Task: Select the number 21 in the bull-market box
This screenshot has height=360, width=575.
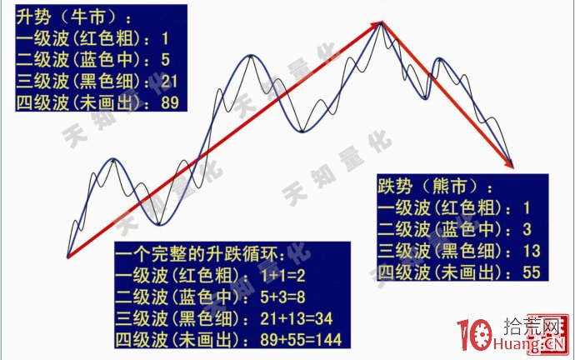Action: (x=172, y=82)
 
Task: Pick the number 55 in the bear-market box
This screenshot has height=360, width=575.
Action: (x=532, y=272)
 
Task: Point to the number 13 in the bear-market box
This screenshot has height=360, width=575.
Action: (x=532, y=251)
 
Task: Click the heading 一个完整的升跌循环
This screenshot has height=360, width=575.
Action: (x=201, y=252)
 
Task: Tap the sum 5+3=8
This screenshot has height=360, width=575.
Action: (x=287, y=296)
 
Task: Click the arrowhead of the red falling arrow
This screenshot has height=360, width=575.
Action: (x=508, y=160)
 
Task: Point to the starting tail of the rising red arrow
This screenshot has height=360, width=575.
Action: (x=68, y=254)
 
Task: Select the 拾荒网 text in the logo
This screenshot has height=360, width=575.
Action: (x=528, y=326)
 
